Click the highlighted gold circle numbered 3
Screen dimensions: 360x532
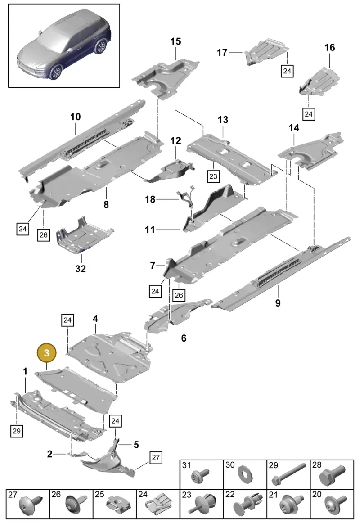46,353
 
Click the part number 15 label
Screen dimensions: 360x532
175,41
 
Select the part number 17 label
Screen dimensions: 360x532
222,53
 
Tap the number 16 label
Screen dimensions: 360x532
329,48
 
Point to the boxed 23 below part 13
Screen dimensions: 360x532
213,176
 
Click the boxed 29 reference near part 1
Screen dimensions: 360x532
16,431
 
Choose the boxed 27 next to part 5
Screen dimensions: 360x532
155,458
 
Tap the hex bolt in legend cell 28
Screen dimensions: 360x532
332,476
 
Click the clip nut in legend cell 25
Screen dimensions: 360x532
117,507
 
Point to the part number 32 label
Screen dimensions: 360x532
81,268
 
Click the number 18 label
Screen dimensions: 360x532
150,199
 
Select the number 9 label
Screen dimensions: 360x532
278,302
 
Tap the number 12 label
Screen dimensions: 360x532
175,140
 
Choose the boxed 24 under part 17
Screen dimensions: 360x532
287,71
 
